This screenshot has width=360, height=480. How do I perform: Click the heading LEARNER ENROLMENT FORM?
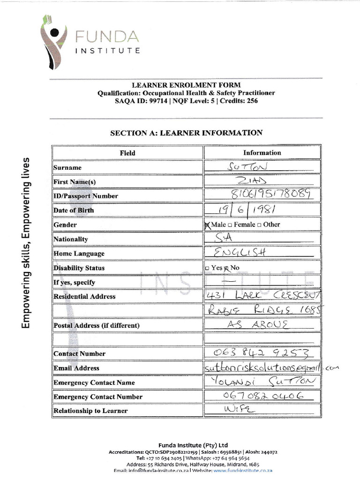[186, 85]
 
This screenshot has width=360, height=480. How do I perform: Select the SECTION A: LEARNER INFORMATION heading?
[186, 133]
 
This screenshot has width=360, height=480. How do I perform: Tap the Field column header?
[127, 153]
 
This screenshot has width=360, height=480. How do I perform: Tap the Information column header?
[262, 153]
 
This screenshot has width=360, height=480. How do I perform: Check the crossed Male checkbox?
[208, 225]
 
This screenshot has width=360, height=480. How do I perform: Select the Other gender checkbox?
[260, 225]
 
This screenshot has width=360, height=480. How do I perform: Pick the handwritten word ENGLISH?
[240, 253]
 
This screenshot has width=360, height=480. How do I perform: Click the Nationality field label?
[71, 239]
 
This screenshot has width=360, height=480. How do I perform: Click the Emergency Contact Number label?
[97, 397]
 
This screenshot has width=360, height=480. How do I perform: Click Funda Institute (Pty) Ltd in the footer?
[193, 445]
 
